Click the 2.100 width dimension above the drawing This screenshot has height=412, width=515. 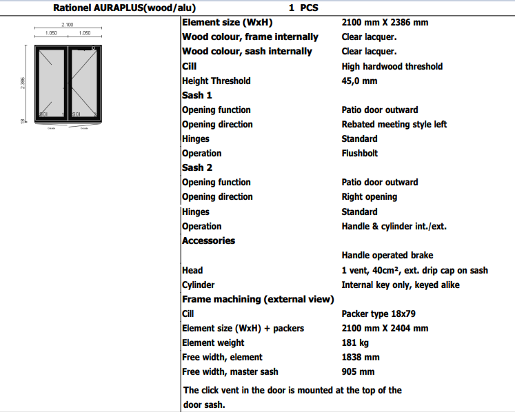68,25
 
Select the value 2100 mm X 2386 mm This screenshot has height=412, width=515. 385,22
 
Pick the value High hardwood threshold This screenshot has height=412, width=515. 392,66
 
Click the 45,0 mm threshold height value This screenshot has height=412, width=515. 359,81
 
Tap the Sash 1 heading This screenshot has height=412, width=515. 197,95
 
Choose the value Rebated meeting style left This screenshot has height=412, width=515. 394,124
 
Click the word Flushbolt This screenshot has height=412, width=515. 359,153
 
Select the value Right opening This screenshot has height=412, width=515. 369,196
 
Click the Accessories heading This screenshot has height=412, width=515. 208,240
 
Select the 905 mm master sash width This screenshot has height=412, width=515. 358,371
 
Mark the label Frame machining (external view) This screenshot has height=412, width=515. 258,299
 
